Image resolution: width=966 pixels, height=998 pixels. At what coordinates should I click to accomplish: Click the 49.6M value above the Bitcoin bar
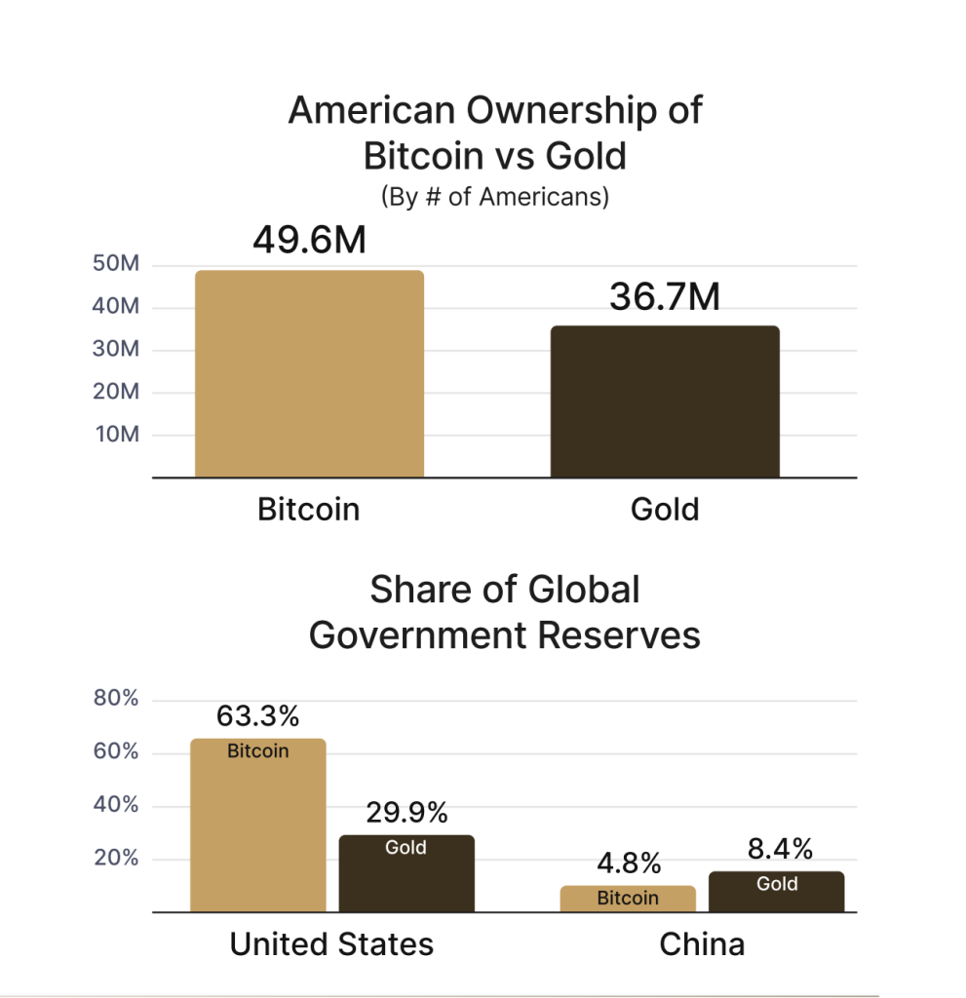tap(309, 240)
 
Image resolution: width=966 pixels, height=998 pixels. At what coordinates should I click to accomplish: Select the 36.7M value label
tap(665, 296)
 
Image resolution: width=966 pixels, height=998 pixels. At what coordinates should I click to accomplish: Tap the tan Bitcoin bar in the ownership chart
tap(309, 374)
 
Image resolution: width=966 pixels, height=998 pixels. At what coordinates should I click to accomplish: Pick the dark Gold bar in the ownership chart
tap(665, 402)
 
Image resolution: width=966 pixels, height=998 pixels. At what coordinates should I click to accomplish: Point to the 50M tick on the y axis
tap(117, 265)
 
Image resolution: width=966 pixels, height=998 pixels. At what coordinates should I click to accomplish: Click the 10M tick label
tap(117, 434)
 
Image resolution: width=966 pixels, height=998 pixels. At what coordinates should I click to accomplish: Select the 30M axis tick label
tap(117, 349)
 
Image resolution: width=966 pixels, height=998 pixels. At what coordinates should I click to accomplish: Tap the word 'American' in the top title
tap(368, 110)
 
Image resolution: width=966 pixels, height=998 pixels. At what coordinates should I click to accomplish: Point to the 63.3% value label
tap(257, 717)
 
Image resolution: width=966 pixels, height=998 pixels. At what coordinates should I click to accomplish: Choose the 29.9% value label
tap(406, 813)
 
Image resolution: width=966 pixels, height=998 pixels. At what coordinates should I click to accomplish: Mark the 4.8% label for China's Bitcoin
tap(628, 864)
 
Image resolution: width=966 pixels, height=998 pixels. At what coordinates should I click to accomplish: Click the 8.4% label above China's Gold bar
tap(780, 850)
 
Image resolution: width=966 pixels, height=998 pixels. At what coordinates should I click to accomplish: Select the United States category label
tap(331, 944)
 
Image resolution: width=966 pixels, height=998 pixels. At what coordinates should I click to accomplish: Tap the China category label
tap(702, 944)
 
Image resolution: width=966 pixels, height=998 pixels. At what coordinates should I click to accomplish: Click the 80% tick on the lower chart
tap(116, 699)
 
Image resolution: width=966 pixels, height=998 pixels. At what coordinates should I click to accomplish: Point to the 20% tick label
tap(116, 859)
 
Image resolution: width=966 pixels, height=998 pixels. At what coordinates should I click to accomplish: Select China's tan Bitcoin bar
tap(628, 900)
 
